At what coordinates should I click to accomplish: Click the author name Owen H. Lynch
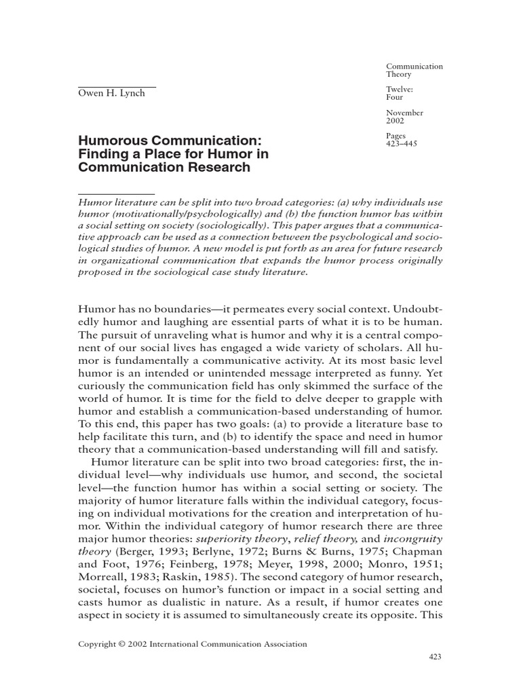tap(112, 94)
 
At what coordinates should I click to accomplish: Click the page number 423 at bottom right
tap(436, 657)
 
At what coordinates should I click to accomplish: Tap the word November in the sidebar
tap(405, 113)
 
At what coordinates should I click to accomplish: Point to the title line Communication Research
tap(164, 168)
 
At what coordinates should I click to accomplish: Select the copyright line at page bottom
tap(193, 644)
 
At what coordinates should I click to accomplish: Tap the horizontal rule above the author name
tap(117, 87)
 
